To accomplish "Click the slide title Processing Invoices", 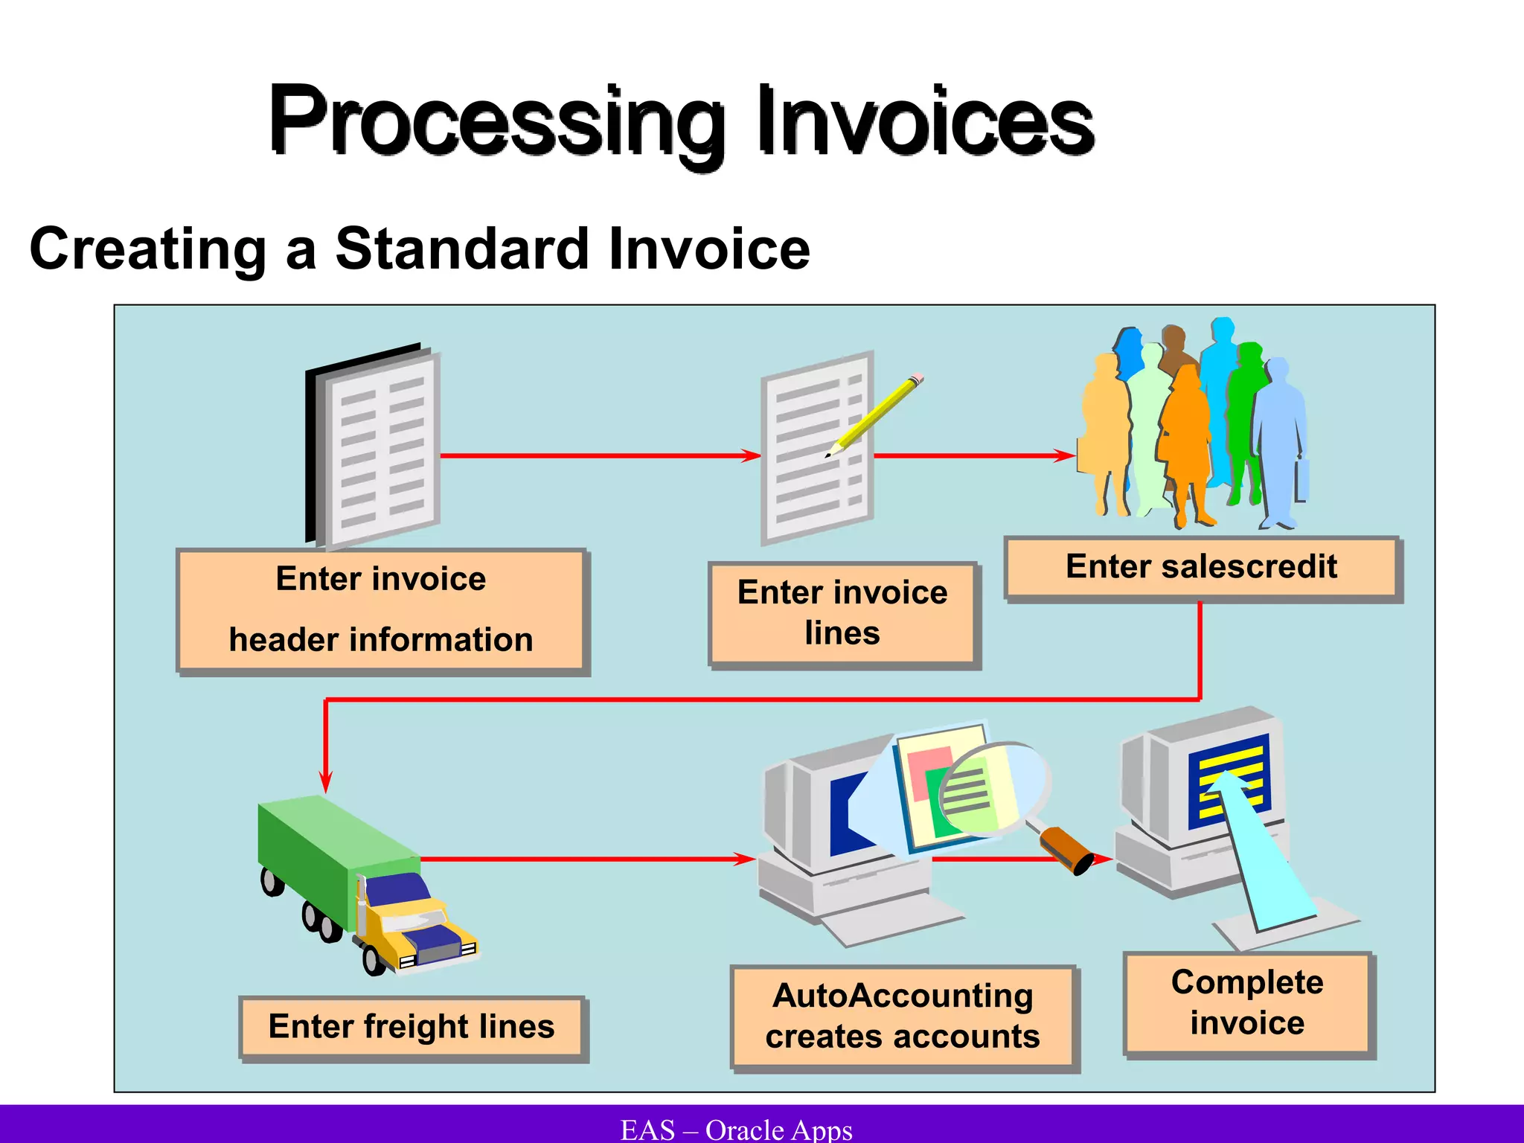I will coord(681,121).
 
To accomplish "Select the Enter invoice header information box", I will coord(382,610).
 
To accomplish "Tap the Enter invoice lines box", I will coord(842,613).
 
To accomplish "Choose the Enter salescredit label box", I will coord(1201,567).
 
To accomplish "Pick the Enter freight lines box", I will coord(412,1027).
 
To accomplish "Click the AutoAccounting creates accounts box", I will coord(903,1016).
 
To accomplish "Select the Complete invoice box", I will coord(1247,1003).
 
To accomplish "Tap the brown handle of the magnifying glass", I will coord(1066,851).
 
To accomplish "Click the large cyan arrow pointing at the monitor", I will coord(1265,856).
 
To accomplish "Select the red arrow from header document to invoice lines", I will coord(595,455).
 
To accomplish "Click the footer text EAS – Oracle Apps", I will coord(736,1130).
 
